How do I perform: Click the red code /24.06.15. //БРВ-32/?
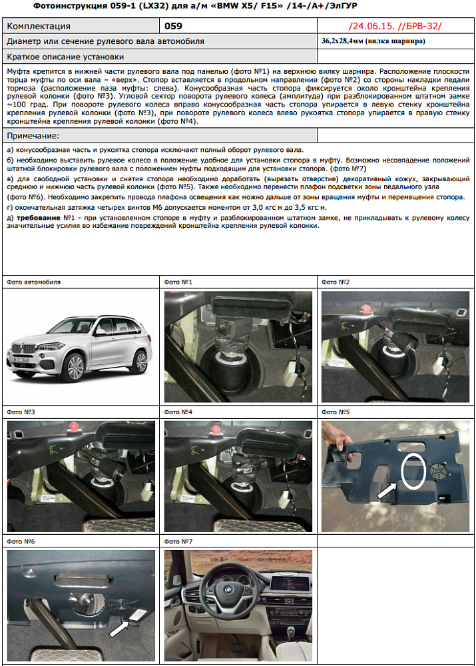coord(395,27)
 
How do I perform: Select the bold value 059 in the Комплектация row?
coord(173,27)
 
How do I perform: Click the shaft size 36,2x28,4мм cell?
coord(373,41)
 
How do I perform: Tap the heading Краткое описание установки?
coord(65,57)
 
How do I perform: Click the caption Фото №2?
coord(336,282)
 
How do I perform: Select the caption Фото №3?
coord(21,412)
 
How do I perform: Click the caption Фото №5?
coord(336,412)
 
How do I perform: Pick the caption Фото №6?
coord(21,541)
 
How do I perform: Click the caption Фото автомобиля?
coord(33,282)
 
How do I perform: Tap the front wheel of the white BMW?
coord(75,367)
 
